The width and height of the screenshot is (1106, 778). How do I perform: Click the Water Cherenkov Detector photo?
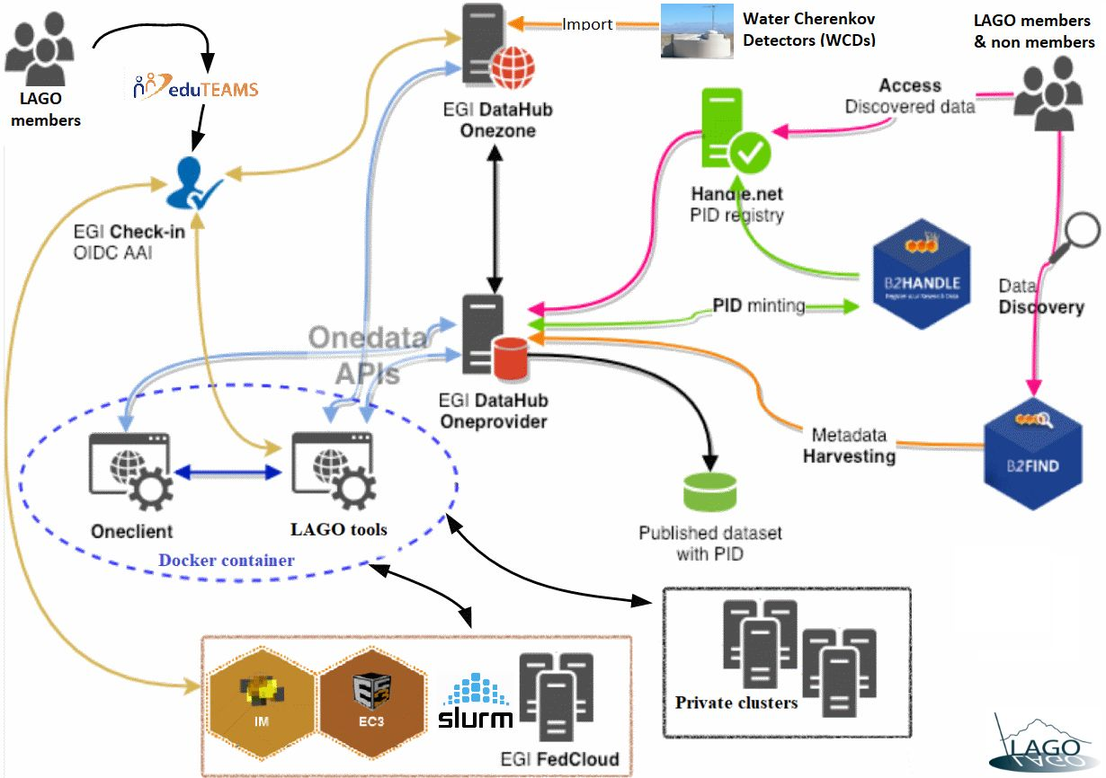(696, 32)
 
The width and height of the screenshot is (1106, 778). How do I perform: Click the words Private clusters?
(736, 702)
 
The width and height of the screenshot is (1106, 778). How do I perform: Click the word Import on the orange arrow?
(588, 24)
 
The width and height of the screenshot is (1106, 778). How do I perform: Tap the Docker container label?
(227, 561)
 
